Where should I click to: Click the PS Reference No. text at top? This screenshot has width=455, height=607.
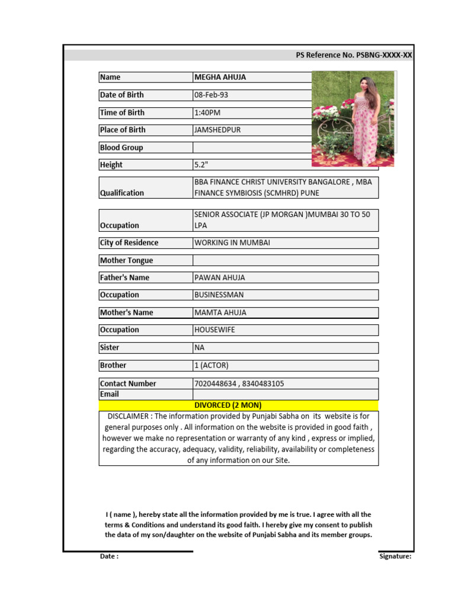354,55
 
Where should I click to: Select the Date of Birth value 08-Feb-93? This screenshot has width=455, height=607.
211,95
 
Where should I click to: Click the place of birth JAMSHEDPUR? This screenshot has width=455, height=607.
217,130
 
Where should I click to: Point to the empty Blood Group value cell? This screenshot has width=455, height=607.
252,148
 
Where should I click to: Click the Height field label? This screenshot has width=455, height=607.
111,165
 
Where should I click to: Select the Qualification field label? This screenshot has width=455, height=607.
122,193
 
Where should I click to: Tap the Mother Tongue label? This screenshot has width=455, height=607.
126,260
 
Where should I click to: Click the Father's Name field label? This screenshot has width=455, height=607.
124,277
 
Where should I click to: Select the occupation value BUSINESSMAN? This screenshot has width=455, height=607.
219,295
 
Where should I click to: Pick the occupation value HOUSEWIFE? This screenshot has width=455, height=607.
214,330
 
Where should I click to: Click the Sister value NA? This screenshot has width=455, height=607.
199,347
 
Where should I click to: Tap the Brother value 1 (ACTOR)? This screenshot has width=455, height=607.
212,365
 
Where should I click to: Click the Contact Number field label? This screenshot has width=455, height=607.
128,384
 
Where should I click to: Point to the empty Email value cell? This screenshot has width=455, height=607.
285,394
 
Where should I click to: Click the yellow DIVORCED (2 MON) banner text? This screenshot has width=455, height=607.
228,405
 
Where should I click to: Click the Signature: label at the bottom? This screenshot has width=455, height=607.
395,556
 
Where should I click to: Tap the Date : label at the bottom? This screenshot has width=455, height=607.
109,556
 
